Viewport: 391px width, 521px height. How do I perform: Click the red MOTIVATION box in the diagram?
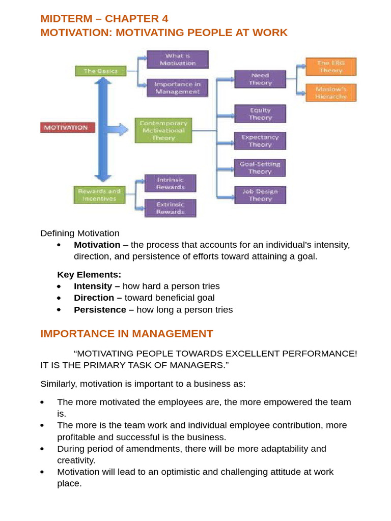[x=67, y=127]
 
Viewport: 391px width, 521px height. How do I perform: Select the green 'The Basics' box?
[x=100, y=71]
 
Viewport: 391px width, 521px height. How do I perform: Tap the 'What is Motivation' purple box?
[x=178, y=59]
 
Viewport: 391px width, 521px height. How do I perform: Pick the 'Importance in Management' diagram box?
[x=177, y=88]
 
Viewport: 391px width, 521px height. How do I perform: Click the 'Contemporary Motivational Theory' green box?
[x=163, y=130]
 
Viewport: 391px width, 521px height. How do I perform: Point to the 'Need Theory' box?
[x=260, y=79]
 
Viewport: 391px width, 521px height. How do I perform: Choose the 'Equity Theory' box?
[x=260, y=113]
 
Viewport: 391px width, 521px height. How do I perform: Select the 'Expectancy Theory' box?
[x=260, y=140]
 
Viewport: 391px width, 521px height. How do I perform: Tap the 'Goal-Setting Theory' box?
[x=260, y=167]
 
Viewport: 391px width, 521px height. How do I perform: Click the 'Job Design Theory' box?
[x=260, y=195]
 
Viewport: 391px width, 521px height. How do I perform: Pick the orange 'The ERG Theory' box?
[x=331, y=67]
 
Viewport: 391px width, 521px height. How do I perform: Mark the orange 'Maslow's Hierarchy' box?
[x=331, y=93]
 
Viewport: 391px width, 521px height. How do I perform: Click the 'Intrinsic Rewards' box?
[x=170, y=183]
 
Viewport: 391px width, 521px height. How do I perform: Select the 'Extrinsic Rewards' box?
[x=170, y=208]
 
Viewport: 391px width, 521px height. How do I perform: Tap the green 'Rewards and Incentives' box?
[x=100, y=194]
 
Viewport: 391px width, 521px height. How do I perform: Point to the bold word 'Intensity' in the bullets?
[x=92, y=286]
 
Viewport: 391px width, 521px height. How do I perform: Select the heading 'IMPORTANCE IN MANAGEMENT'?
[x=127, y=334]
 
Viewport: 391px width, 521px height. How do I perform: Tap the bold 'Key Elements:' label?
[x=89, y=275]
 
